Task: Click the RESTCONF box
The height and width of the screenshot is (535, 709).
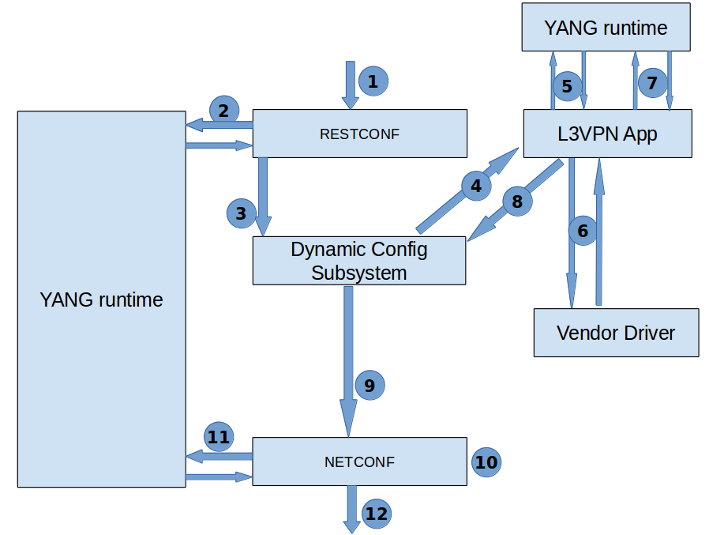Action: click(359, 133)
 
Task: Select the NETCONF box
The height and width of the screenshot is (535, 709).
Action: click(359, 461)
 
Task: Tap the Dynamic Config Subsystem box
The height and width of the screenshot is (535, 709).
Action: click(359, 261)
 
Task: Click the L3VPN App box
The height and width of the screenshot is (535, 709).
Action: click(607, 134)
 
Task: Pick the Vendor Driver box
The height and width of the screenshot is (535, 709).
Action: click(616, 332)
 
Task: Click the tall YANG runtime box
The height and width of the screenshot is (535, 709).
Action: click(101, 299)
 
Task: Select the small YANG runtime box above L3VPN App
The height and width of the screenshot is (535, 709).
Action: click(606, 28)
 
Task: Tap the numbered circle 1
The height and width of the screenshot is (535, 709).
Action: click(373, 80)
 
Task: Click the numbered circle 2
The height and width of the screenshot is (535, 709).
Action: click(224, 109)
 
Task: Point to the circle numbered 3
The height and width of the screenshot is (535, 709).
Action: click(242, 213)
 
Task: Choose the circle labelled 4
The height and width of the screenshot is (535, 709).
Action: click(476, 186)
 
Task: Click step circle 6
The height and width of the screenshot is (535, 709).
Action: click(583, 231)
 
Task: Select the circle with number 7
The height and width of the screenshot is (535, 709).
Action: click(652, 82)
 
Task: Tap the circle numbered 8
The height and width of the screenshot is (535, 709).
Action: click(517, 202)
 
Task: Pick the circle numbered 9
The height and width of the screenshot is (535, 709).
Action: click(370, 385)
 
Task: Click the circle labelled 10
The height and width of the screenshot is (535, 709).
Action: click(486, 462)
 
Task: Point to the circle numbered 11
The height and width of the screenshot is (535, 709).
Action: click(219, 436)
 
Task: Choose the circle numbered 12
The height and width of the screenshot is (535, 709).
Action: click(377, 514)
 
